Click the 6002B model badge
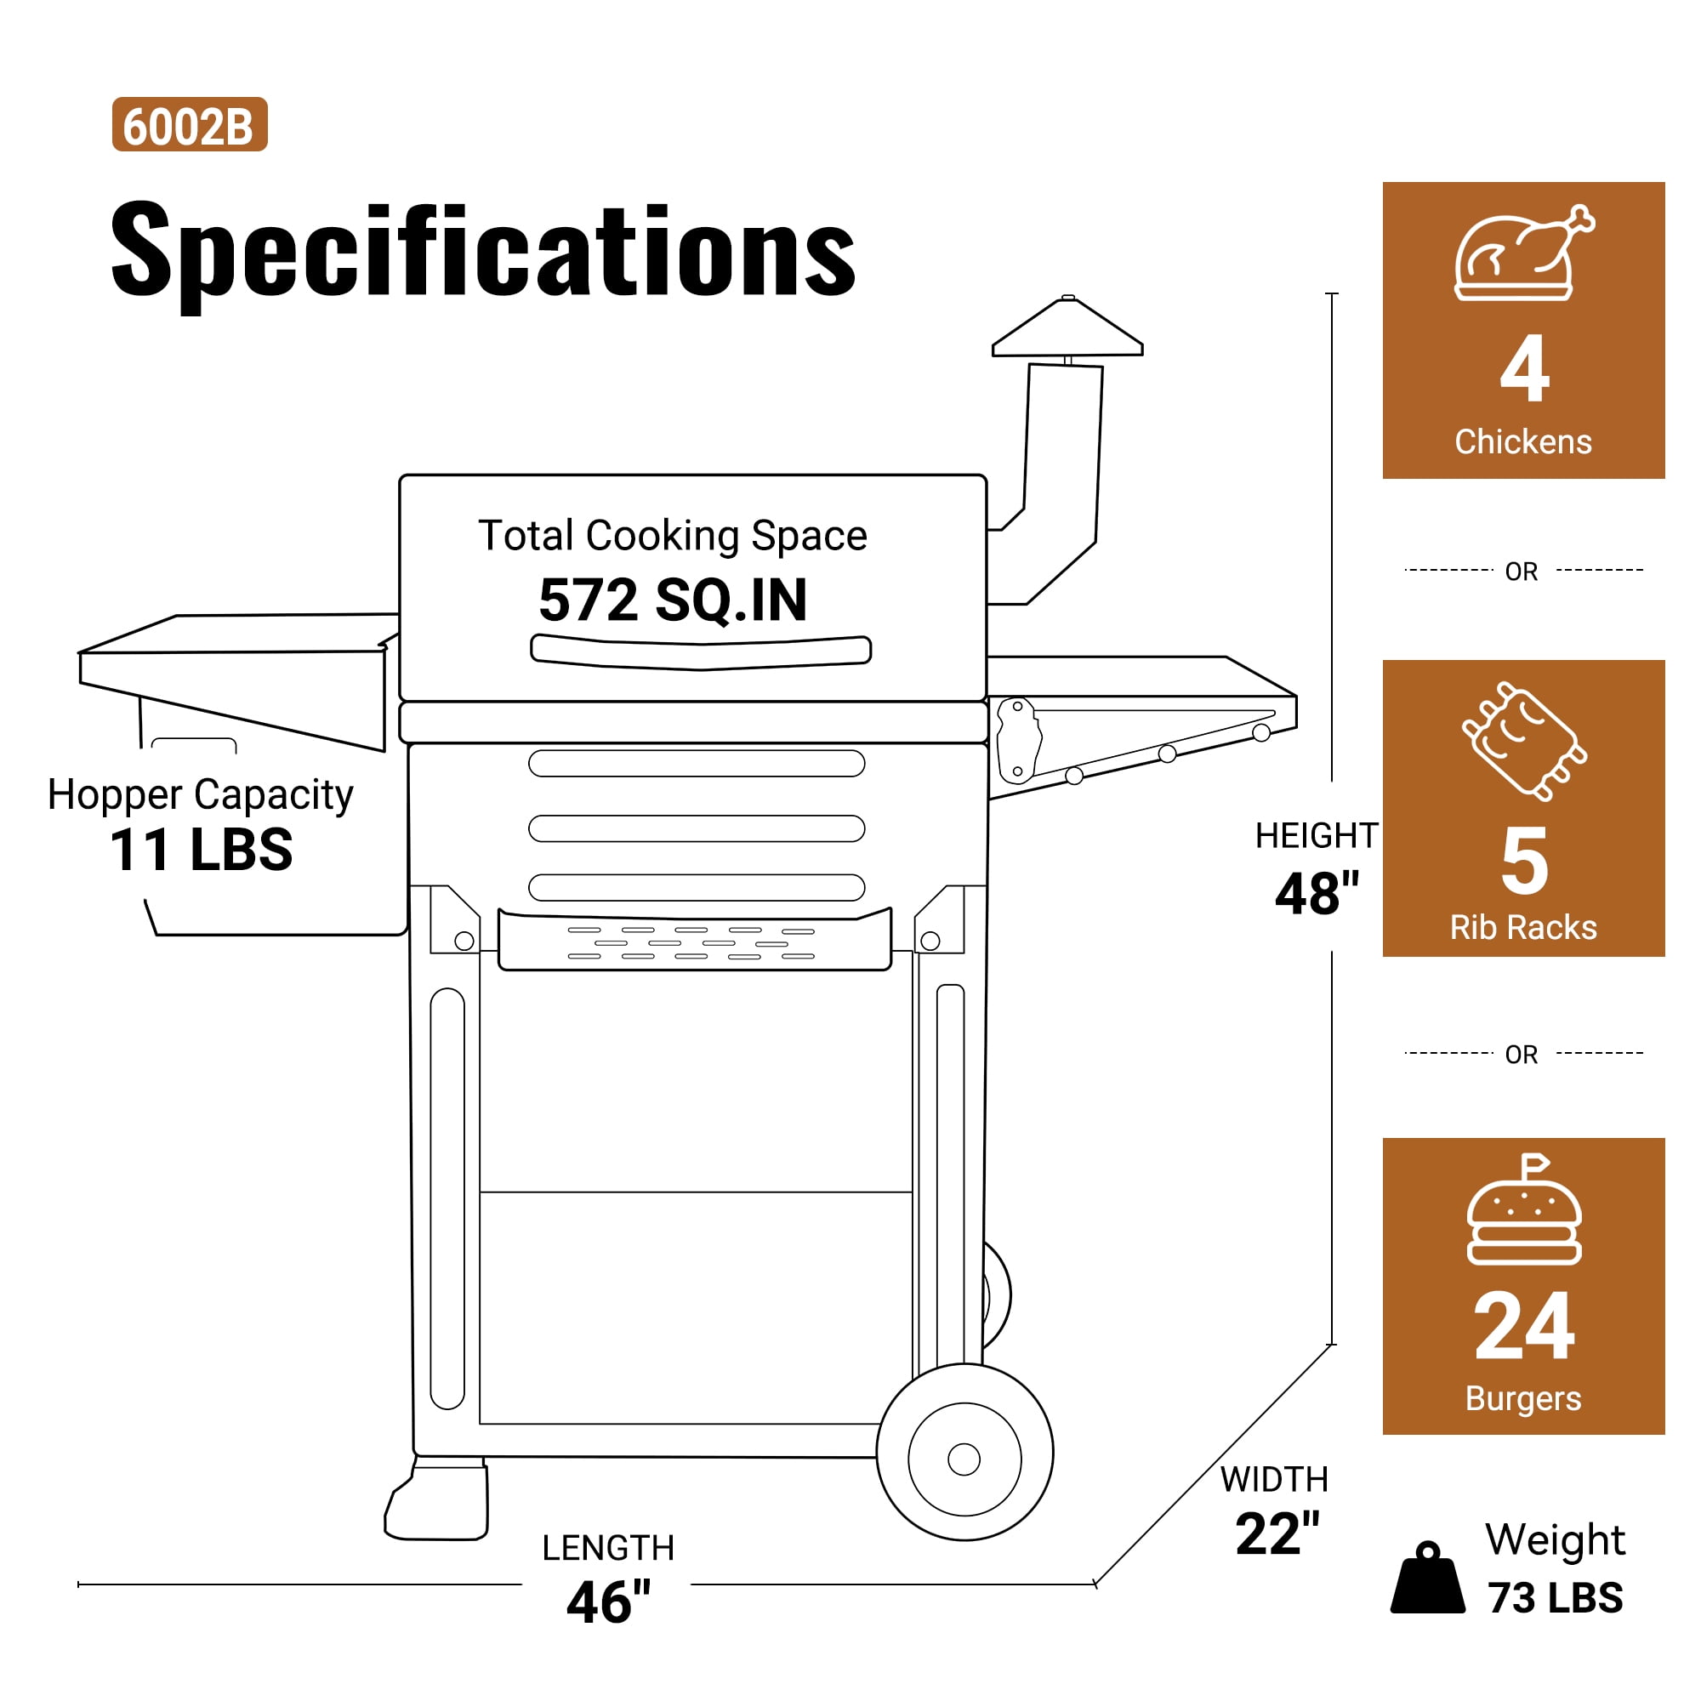pyautogui.click(x=190, y=124)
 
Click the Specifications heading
pyautogui.click(x=482, y=251)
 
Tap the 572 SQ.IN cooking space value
pyautogui.click(x=673, y=600)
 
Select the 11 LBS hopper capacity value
pyautogui.click(x=201, y=850)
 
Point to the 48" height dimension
pyautogui.click(x=1317, y=894)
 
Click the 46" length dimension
pyautogui.click(x=608, y=1601)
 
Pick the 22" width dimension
pyautogui.click(x=1277, y=1533)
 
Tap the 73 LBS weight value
pyautogui.click(x=1555, y=1597)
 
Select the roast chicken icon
pyautogui.click(x=1524, y=253)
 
